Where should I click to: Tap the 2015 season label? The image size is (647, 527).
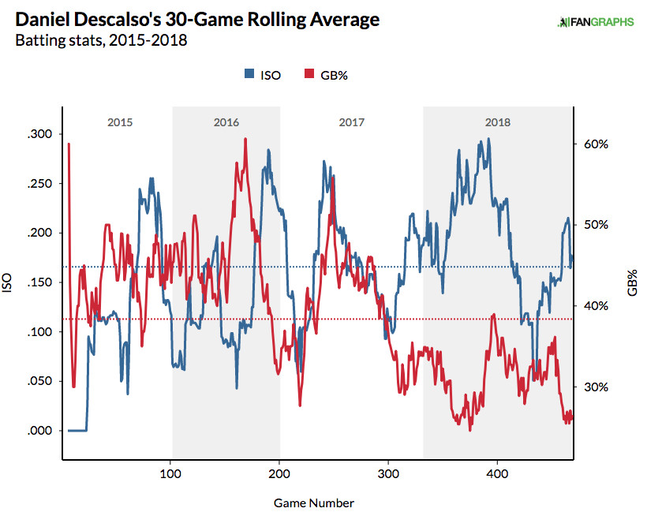pos(119,122)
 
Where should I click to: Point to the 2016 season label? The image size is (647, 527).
pos(226,122)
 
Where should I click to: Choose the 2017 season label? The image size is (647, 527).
pos(351,122)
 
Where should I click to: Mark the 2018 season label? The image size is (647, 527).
pos(497,122)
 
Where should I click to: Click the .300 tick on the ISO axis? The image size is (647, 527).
pos(39,134)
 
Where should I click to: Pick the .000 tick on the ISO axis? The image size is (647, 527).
pos(39,431)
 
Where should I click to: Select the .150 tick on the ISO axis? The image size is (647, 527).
pos(39,282)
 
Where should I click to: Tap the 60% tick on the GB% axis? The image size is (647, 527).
pos(596,144)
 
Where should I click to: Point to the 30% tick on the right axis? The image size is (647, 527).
pos(596,387)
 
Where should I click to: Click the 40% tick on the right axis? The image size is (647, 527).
pos(596,306)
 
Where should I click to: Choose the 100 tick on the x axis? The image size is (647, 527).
pos(170,475)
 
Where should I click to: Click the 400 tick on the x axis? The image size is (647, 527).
pos(497,475)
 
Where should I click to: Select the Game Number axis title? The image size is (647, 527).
pos(314,503)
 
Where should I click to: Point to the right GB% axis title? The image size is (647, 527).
pos(633,282)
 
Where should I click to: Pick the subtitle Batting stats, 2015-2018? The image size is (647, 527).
pos(101,39)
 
